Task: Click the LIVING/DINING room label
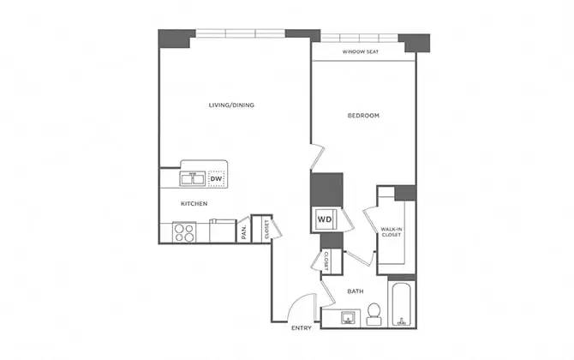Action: pyautogui.click(x=232, y=105)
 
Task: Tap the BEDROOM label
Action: pyautogui.click(x=363, y=115)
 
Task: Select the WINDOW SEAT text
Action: pyautogui.click(x=361, y=52)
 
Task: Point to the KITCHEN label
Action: pyautogui.click(x=194, y=204)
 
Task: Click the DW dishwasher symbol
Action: pyautogui.click(x=216, y=178)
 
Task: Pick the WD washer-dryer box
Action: pyautogui.click(x=326, y=219)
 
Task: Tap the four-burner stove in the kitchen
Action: pyautogui.click(x=185, y=231)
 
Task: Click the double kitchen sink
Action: pyautogui.click(x=191, y=178)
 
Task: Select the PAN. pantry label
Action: pyautogui.click(x=244, y=232)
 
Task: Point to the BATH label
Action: pyautogui.click(x=356, y=291)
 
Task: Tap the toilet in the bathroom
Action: pyautogui.click(x=374, y=314)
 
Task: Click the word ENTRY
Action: pyautogui.click(x=301, y=328)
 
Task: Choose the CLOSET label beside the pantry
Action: pyautogui.click(x=266, y=229)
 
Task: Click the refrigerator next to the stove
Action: pyautogui.click(x=223, y=231)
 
